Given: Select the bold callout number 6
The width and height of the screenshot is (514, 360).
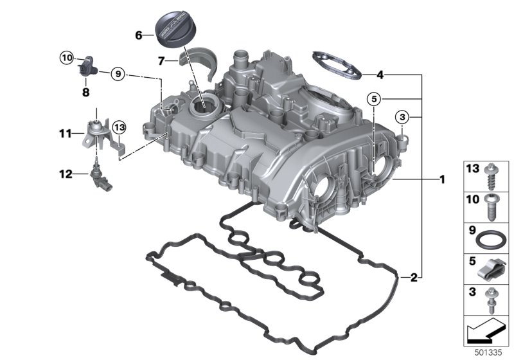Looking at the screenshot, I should (x=139, y=35).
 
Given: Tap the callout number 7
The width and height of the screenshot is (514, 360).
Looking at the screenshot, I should (x=163, y=62).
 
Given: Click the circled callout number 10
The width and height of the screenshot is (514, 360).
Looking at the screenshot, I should (x=67, y=58).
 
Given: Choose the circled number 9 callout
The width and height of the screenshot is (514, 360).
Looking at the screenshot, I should (x=117, y=74).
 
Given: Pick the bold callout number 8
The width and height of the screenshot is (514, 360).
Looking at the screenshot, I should (x=85, y=92).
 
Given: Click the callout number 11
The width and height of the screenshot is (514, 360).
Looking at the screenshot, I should (x=64, y=134).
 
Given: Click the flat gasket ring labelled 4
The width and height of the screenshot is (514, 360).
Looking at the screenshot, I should (x=335, y=64).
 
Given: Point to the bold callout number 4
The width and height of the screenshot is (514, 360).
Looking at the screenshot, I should (x=380, y=75).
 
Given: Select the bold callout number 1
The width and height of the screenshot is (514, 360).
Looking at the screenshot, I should (x=441, y=179).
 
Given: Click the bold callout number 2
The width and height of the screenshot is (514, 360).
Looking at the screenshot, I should (x=414, y=278).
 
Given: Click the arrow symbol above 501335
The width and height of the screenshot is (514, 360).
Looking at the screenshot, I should (x=485, y=332).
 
